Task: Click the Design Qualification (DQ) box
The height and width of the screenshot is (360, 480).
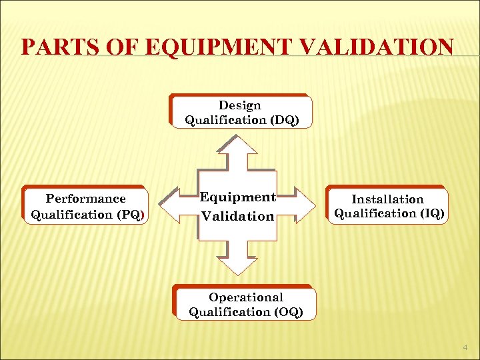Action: coord(241,112)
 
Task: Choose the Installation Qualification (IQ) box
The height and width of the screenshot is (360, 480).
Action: coord(388,206)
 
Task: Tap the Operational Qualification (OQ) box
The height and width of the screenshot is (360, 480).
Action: coord(245,305)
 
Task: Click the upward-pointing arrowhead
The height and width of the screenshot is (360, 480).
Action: coord(238,145)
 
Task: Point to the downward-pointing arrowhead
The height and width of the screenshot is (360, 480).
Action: coord(238,265)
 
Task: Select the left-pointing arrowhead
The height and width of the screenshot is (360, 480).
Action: coord(173,205)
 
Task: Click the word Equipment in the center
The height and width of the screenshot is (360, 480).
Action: coord(238,197)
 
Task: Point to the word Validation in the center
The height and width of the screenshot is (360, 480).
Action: coord(238,216)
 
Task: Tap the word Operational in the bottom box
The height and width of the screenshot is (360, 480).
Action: coord(245,297)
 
